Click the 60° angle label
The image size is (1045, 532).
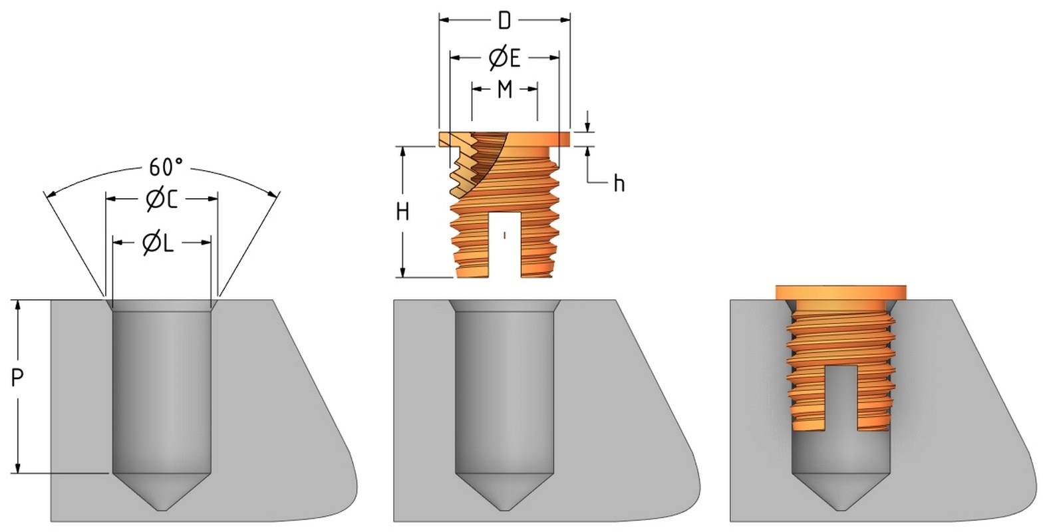[x=162, y=168]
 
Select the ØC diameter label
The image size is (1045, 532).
[x=162, y=199]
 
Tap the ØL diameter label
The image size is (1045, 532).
[x=158, y=244]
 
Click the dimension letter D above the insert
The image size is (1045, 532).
[x=504, y=21]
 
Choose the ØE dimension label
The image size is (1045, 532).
[x=504, y=59]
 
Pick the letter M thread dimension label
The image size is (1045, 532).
[x=505, y=89]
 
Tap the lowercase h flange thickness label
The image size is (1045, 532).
[x=619, y=184]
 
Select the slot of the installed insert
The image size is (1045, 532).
[x=841, y=396]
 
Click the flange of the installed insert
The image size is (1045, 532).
[x=841, y=292]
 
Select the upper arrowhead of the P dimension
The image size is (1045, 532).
[x=19, y=305]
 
